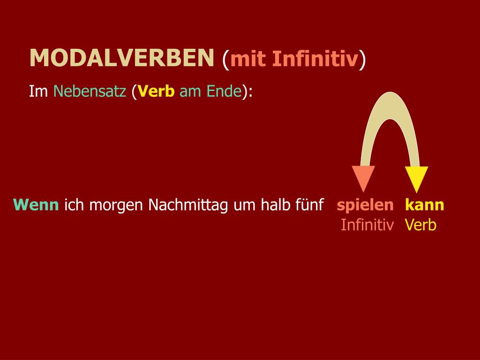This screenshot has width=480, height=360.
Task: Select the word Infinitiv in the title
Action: click(x=315, y=59)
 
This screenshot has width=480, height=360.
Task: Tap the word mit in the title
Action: click(x=248, y=59)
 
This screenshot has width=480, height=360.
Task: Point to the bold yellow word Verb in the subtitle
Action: click(x=156, y=91)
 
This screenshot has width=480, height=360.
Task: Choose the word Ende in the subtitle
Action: click(x=224, y=91)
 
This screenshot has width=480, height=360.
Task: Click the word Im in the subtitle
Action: click(x=38, y=91)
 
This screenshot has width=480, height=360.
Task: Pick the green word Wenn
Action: click(x=37, y=205)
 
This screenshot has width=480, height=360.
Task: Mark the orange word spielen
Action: click(x=365, y=205)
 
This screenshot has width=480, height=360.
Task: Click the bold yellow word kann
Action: click(x=424, y=205)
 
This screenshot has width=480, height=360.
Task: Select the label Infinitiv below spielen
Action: click(x=367, y=225)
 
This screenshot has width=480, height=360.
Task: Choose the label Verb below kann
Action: click(x=420, y=225)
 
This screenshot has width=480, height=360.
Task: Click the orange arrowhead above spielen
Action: click(x=363, y=178)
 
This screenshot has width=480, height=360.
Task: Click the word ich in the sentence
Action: click(x=73, y=205)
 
